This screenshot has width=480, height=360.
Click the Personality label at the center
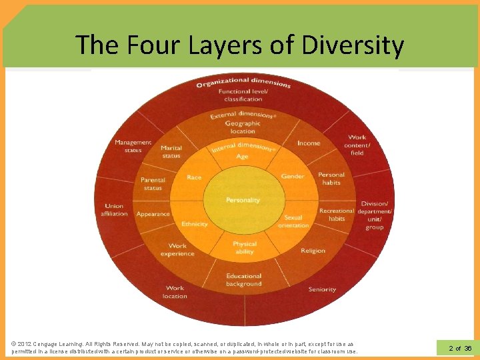[243, 200]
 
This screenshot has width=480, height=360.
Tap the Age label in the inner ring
[243, 157]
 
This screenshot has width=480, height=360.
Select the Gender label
[293, 177]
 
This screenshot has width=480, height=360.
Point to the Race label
[194, 177]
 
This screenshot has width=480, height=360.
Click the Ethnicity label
[195, 224]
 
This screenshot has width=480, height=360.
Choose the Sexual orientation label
[293, 221]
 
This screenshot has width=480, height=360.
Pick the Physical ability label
[245, 247]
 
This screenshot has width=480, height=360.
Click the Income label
[309, 143]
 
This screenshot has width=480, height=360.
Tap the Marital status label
[171, 152]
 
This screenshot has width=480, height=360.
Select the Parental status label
[153, 184]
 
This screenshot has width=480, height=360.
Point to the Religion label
[313, 251]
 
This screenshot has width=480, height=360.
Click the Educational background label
[243, 280]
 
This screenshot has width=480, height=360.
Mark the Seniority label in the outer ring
[322, 289]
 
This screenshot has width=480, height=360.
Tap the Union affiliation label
[114, 210]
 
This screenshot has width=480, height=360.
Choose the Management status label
[133, 146]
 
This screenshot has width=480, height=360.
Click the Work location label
[175, 292]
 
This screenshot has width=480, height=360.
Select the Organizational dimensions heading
[243, 83]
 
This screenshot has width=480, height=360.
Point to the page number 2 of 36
[460, 348]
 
